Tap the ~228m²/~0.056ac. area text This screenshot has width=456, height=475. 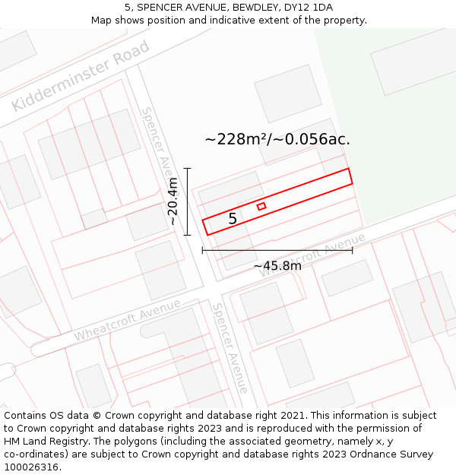tap(277, 139)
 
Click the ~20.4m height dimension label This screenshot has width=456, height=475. tap(173, 201)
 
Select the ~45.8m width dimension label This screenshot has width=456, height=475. tap(277, 265)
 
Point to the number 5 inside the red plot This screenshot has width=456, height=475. tap(233, 219)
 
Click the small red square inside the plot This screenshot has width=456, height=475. tap(261, 206)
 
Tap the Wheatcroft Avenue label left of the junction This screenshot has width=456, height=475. tap(128, 320)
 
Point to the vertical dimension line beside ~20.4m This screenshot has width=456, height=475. tap(188, 201)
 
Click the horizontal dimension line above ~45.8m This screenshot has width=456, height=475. tap(277, 249)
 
